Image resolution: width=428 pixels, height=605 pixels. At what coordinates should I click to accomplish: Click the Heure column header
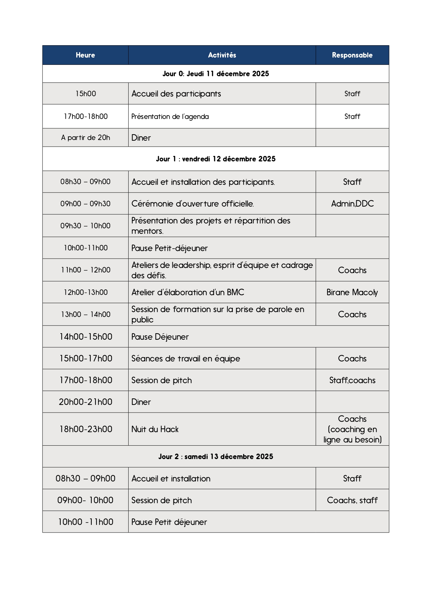point(85,55)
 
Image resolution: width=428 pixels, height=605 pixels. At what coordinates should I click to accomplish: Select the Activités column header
point(222,55)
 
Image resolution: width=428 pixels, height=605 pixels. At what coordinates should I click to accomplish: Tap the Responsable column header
point(352,55)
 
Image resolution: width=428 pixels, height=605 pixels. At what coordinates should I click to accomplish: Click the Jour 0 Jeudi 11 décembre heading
point(216,74)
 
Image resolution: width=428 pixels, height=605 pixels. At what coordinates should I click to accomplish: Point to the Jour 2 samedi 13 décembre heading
point(216,457)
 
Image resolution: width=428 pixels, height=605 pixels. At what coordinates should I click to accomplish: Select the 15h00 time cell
point(86,94)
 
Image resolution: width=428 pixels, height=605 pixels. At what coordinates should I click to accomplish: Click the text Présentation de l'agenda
point(170,117)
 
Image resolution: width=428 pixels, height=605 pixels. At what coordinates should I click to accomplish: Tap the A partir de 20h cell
point(86,138)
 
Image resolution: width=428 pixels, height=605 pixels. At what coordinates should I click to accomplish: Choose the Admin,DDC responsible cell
point(352,204)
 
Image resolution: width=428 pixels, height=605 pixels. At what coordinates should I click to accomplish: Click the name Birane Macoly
point(352,292)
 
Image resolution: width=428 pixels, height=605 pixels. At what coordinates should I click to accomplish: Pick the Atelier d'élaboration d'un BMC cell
point(188,292)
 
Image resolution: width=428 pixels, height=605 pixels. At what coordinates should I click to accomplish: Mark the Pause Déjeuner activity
point(160,337)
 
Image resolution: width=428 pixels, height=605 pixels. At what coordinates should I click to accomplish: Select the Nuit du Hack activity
point(155,429)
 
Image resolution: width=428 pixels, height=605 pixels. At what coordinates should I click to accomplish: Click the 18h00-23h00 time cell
point(86,429)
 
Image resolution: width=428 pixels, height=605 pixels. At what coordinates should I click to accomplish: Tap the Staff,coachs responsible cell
point(352,380)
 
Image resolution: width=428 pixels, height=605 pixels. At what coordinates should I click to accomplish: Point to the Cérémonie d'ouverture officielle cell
point(192,204)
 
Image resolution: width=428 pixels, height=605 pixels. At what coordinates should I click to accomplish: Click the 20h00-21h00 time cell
point(86,402)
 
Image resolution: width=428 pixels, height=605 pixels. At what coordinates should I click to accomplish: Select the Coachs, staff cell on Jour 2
point(352,500)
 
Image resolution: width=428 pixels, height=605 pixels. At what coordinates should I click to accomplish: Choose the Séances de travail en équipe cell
point(186,359)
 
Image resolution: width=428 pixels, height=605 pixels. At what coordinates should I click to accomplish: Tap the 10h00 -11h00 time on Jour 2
point(86,522)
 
